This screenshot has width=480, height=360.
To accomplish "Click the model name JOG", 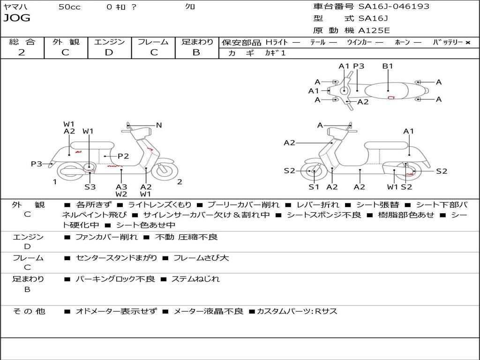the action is pos(17,18).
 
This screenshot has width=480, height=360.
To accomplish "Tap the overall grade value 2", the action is pos(22,52).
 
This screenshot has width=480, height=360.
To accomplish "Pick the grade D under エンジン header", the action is pos(109,52).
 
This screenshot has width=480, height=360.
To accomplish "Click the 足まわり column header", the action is pos(197,42).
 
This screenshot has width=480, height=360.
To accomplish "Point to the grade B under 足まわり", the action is pos(196,52).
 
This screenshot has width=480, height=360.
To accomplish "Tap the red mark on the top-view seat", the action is pos(391,97).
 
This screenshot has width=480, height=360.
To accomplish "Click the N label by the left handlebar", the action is pos(159,125).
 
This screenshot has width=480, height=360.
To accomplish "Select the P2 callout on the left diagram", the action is pos(123,156).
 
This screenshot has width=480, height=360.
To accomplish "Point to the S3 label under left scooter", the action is pos(90,187).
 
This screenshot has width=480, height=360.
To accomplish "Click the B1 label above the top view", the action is pos(388,66).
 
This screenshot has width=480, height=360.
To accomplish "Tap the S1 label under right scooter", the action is pos(314,187).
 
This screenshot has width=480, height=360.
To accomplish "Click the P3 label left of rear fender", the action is pos(37,164).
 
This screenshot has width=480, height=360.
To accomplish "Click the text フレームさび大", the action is pos(201,258).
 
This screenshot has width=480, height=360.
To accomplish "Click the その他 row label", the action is pos(29,311).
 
